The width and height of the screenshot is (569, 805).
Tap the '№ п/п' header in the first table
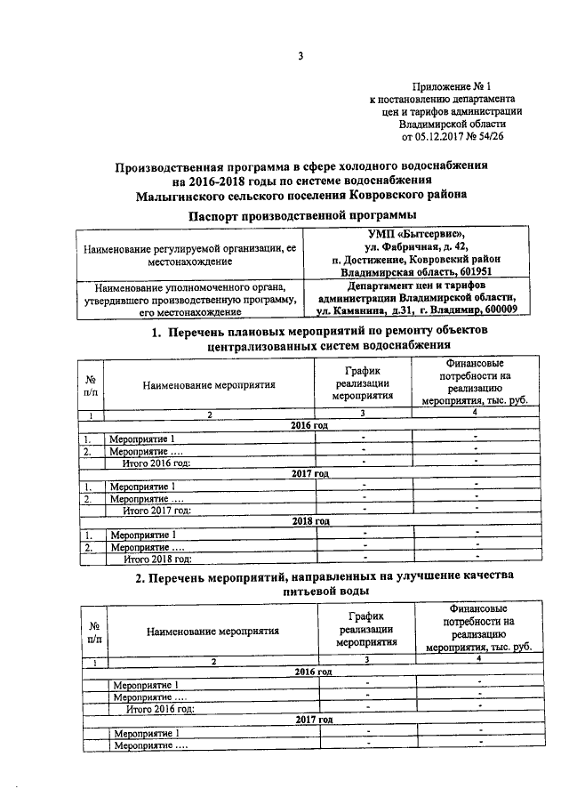91,384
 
